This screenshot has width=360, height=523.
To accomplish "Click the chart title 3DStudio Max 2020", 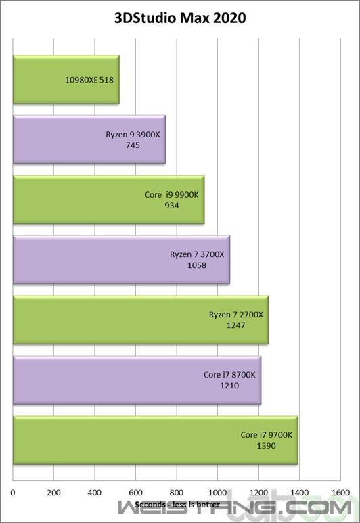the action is point(180,18).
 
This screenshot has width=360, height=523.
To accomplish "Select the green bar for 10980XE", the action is point(66,79).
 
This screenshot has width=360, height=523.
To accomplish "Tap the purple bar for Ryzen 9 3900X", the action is point(89,139).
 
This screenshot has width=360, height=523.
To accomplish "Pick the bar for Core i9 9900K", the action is point(108,200).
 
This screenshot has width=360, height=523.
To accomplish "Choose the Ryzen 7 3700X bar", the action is point(121,260).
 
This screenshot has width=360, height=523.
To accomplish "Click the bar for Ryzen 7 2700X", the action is point(141,319).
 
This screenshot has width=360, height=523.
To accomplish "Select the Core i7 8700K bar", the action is point(137,380).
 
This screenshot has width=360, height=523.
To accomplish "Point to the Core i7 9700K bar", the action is point(156,440).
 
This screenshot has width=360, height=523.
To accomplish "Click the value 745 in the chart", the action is point(133,145).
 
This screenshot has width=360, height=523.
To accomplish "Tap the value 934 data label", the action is point(171,206).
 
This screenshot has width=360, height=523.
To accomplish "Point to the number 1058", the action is point(197,265).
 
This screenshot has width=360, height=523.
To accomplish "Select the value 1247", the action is point(236,325).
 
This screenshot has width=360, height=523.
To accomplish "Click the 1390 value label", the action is point(266,446).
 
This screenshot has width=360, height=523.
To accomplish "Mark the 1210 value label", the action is point(229,386).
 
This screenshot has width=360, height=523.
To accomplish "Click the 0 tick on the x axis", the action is point(13,493).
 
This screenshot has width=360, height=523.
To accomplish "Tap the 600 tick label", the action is point(135,493).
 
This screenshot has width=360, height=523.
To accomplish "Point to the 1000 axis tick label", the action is point(217,493).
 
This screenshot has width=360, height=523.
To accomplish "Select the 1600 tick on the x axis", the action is point(340,493).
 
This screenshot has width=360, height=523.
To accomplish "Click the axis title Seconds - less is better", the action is point(177,505).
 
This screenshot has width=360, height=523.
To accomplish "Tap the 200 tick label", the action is point(53,493).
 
